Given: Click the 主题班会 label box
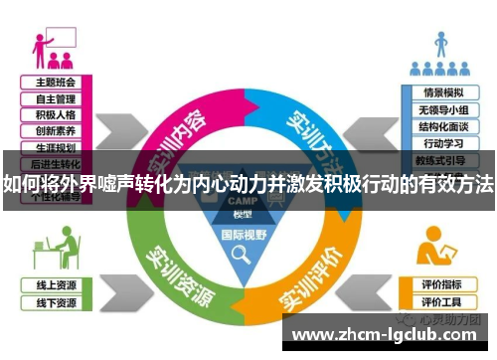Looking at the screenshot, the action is point(56,83).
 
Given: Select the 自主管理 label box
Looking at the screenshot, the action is point(56,98).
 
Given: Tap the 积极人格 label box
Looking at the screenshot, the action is point(56,114).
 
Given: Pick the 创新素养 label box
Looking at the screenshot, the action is point(56,130).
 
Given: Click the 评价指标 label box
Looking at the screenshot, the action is point(442,284).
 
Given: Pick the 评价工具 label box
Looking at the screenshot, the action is point(442,301).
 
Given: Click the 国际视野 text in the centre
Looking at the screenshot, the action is point(244,235).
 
